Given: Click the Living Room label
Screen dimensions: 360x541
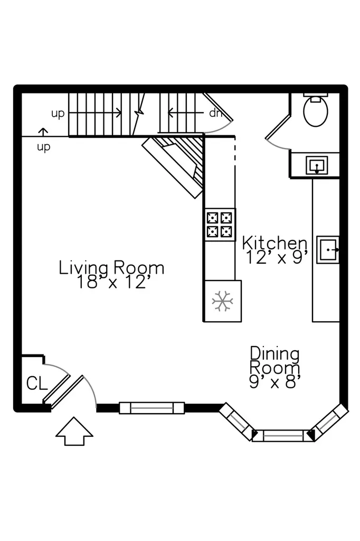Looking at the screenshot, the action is (x=111, y=268).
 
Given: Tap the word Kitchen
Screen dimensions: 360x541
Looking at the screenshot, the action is (x=274, y=243).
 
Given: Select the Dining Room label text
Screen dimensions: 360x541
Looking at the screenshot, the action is (x=275, y=360).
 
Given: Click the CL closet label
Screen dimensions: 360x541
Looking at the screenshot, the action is (x=37, y=383).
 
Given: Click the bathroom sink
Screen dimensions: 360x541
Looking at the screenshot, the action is (x=317, y=165).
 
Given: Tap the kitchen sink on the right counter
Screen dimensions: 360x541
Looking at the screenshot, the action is (x=328, y=250).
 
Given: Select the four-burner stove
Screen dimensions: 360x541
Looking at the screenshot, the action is (x=220, y=225).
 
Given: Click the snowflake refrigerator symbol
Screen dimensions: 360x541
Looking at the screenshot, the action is (x=222, y=301).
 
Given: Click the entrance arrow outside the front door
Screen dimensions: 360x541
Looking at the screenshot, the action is (x=74, y=431).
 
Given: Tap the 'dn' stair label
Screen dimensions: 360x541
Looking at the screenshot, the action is (x=214, y=113).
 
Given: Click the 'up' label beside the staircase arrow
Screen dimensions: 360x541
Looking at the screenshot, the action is (x=58, y=114).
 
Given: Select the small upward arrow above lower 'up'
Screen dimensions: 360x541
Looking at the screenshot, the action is (x=43, y=132).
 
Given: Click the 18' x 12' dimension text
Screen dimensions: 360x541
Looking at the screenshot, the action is (x=113, y=282).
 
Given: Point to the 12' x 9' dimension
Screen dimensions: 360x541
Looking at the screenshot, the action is (x=277, y=257).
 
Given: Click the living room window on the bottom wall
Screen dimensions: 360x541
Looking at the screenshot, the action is (x=151, y=408).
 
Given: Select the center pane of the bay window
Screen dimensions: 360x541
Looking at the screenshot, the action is (x=283, y=436).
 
